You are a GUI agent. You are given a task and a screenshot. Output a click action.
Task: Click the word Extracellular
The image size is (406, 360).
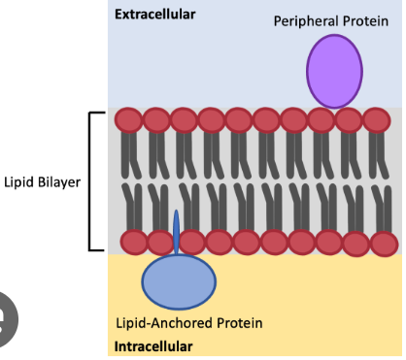(x=155, y=15)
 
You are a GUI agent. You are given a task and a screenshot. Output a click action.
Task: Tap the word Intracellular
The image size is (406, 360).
(x=153, y=346)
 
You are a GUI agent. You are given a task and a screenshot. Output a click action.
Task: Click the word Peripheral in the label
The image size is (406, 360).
(x=306, y=21)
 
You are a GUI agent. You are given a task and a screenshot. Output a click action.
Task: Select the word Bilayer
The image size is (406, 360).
(x=59, y=182)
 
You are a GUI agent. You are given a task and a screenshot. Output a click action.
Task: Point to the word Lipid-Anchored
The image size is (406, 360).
(x=164, y=323)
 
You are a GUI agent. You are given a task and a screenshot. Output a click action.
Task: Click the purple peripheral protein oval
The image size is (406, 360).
(x=334, y=72)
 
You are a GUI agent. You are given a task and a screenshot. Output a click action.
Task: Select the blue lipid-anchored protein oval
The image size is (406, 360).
(x=179, y=281)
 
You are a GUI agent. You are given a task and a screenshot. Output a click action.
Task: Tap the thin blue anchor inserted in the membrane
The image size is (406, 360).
(x=176, y=232)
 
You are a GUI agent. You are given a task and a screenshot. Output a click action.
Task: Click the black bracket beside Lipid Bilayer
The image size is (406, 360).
(x=90, y=181)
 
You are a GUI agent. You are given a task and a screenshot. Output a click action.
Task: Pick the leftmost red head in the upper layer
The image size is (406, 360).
(x=128, y=120)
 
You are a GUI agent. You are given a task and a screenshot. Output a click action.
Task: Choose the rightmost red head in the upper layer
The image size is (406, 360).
(x=377, y=120)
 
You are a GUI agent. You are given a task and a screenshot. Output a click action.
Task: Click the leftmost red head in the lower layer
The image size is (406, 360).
(x=134, y=242)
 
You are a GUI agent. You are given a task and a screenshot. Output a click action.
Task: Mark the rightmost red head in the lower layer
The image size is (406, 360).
(x=385, y=244)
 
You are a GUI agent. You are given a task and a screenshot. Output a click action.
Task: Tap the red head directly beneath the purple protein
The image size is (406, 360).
(x=321, y=120)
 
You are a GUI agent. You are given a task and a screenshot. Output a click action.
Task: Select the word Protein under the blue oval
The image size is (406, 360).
(x=239, y=323)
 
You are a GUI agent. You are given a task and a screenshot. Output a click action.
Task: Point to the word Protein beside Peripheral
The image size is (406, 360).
(x=365, y=21)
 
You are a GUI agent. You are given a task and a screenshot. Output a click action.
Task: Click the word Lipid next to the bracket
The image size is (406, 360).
(x=18, y=182)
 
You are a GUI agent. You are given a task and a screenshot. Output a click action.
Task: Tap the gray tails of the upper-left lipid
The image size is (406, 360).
(x=130, y=155)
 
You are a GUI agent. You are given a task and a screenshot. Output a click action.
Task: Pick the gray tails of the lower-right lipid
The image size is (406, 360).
(x=383, y=209)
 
